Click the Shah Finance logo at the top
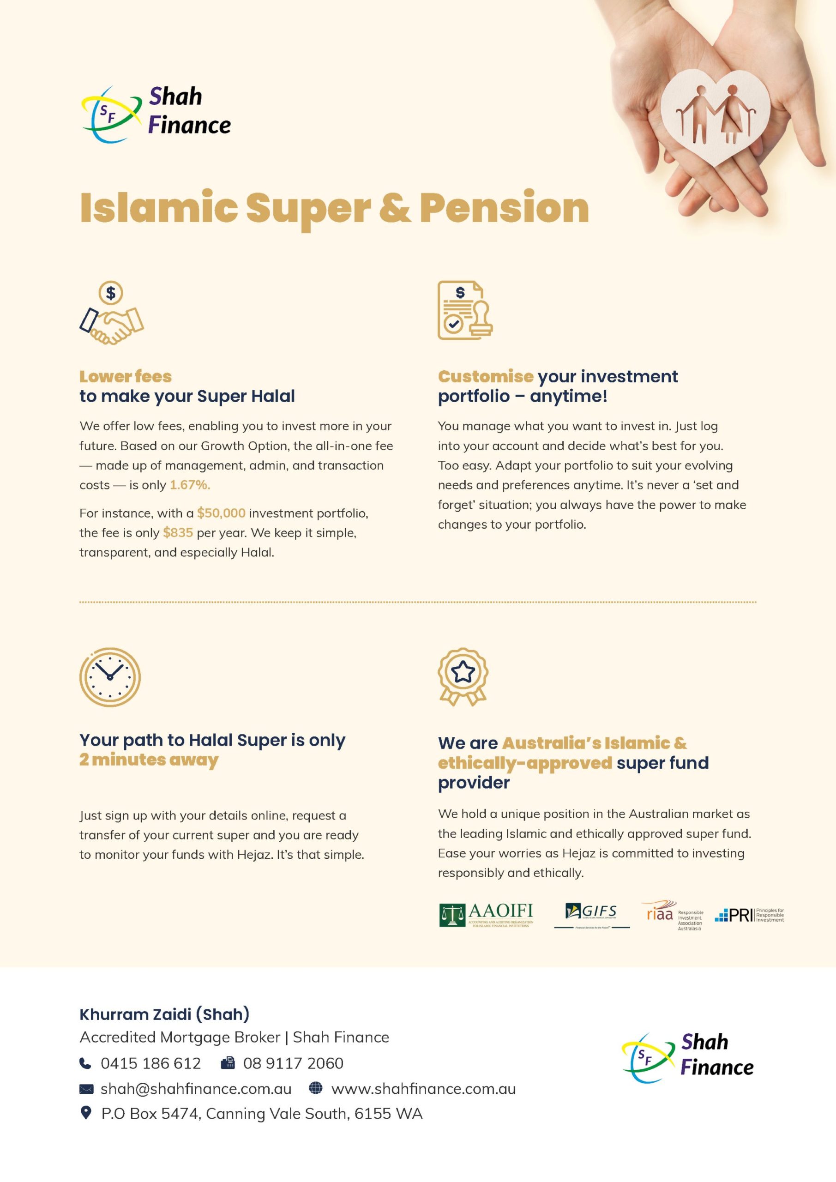(x=156, y=113)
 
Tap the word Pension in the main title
(x=504, y=208)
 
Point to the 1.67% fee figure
(x=190, y=485)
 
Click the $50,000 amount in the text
(x=221, y=513)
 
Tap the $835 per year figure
(x=178, y=533)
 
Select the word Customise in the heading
(x=485, y=376)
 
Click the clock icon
(x=110, y=676)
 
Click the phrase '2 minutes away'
(x=149, y=760)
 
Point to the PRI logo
(x=749, y=915)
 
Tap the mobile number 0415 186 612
(x=150, y=1063)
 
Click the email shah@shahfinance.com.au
(x=196, y=1089)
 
